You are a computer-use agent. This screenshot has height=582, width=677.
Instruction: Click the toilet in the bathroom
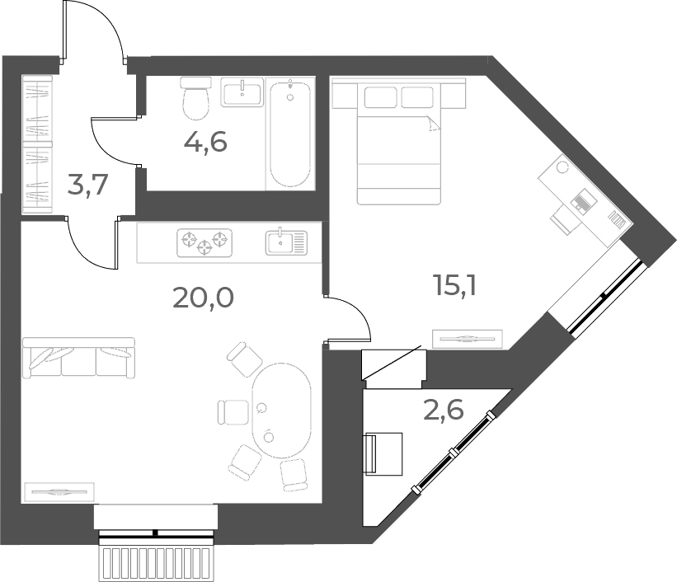tap(196, 98)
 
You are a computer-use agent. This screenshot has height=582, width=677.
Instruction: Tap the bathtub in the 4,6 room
tap(290, 134)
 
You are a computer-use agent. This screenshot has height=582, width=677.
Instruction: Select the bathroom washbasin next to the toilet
tap(242, 92)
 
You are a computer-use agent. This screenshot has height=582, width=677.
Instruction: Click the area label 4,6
tap(205, 142)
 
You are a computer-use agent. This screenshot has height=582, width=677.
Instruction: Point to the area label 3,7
tap(87, 185)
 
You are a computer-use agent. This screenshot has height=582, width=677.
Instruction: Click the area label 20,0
tap(203, 298)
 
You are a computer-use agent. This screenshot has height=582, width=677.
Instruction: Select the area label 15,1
tap(455, 285)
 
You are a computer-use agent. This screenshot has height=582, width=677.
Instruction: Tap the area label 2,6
tap(444, 410)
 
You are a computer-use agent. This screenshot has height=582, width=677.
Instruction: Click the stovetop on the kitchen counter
tap(205, 242)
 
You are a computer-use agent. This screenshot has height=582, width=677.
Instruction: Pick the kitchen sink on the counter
tap(286, 242)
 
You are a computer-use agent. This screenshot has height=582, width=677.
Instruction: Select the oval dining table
tap(281, 411)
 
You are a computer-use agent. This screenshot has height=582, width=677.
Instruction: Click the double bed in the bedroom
tap(398, 141)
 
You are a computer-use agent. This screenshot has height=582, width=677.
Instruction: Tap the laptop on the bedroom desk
tap(584, 201)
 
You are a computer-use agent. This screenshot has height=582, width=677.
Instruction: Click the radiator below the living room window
tap(156, 563)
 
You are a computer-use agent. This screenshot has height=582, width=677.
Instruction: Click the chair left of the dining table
tap(233, 412)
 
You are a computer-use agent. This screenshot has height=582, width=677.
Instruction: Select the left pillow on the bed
tap(380, 97)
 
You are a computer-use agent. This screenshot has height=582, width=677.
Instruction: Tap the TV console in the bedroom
tap(468, 339)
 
